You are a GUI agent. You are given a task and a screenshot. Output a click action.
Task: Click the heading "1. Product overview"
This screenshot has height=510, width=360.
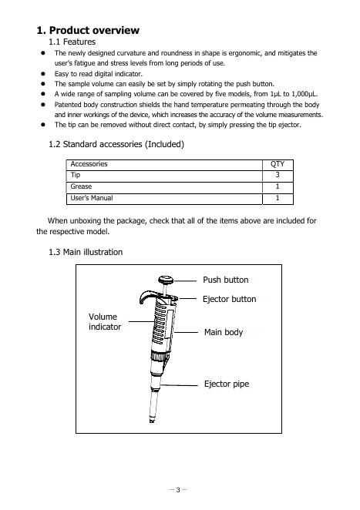[88, 30]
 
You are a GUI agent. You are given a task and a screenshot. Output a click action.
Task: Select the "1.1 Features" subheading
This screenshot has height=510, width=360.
[72, 42]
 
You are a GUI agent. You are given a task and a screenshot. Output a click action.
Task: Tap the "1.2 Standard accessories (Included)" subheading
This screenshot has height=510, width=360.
[116, 144]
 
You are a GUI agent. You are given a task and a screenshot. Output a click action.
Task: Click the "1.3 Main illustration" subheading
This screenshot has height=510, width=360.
[86, 252]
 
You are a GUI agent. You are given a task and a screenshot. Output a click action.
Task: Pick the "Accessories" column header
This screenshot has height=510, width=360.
[89, 164]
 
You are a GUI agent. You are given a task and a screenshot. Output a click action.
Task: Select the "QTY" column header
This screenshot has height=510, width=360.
[278, 164]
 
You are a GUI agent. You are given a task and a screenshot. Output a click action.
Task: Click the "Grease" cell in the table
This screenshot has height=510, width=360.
[81, 186]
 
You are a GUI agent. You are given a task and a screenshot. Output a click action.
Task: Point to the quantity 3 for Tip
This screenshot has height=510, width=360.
[278, 175]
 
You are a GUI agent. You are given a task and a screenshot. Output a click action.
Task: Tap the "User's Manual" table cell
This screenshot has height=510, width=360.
[92, 198]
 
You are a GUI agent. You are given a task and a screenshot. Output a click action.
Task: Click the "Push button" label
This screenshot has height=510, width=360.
[226, 280]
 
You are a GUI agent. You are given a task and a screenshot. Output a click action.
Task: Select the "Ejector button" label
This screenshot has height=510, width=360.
[230, 299]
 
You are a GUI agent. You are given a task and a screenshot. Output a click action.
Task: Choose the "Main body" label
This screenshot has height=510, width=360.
[224, 332]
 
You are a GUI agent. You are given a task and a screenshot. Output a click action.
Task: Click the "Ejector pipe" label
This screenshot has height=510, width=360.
[227, 384]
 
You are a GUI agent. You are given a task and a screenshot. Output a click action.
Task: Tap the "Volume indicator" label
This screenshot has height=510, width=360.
[105, 322]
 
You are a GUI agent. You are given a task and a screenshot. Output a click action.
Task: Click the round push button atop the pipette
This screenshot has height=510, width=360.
[167, 280]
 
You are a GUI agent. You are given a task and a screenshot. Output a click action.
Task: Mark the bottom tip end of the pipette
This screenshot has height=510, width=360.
[152, 421]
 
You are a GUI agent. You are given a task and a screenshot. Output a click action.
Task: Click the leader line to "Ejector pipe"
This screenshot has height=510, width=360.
[180, 385]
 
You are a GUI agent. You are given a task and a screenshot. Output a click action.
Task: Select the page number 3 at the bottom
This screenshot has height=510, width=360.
[178, 489]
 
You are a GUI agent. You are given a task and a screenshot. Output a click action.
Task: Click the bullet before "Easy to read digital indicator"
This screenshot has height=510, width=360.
[43, 74]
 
